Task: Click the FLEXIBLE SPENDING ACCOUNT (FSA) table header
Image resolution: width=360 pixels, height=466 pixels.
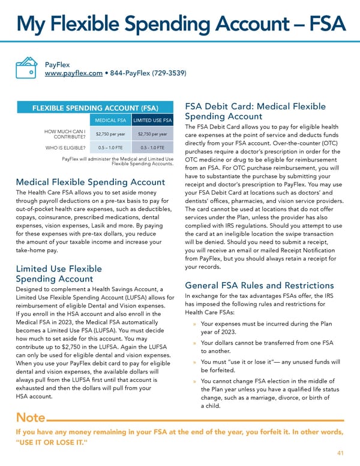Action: click(x=95, y=108)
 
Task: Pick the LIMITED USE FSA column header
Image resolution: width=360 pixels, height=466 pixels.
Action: click(x=152, y=121)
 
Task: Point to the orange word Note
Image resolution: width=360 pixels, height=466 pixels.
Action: click(x=30, y=417)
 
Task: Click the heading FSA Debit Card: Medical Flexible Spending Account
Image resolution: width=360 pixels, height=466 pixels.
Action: click(x=256, y=111)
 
